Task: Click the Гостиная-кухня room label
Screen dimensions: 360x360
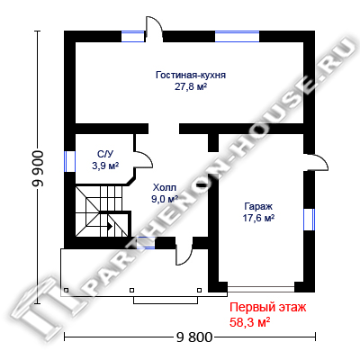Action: (191, 75)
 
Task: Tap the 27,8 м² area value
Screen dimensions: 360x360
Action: (191, 86)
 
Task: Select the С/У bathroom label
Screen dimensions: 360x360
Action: (105, 155)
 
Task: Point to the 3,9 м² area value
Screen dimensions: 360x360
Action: (105, 166)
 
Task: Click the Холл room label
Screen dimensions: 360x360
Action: (165, 188)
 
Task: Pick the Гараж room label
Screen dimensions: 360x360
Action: (258, 206)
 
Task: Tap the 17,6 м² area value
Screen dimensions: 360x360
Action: (258, 218)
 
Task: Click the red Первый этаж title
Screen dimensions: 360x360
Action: (268, 308)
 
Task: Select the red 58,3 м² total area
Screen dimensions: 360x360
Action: (249, 322)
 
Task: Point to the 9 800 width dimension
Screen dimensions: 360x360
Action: (194, 337)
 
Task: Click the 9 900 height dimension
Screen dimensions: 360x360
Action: (39, 168)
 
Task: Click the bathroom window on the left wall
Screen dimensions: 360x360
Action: (69, 161)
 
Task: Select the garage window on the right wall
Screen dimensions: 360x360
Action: (309, 220)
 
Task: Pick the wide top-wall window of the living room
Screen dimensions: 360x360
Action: (237, 36)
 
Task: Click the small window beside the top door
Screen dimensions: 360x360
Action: (132, 36)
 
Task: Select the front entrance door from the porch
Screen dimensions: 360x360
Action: (184, 252)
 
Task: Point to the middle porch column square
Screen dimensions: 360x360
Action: (131, 290)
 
